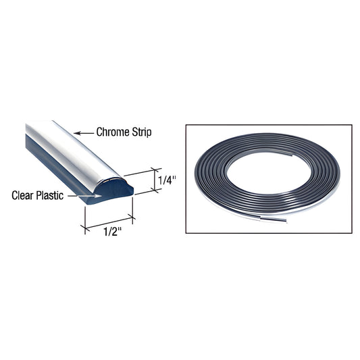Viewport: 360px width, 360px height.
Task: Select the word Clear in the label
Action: coord(24,196)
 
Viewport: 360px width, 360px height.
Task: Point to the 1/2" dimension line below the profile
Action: coord(107,226)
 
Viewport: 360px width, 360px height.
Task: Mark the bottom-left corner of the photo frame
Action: coord(186,233)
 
